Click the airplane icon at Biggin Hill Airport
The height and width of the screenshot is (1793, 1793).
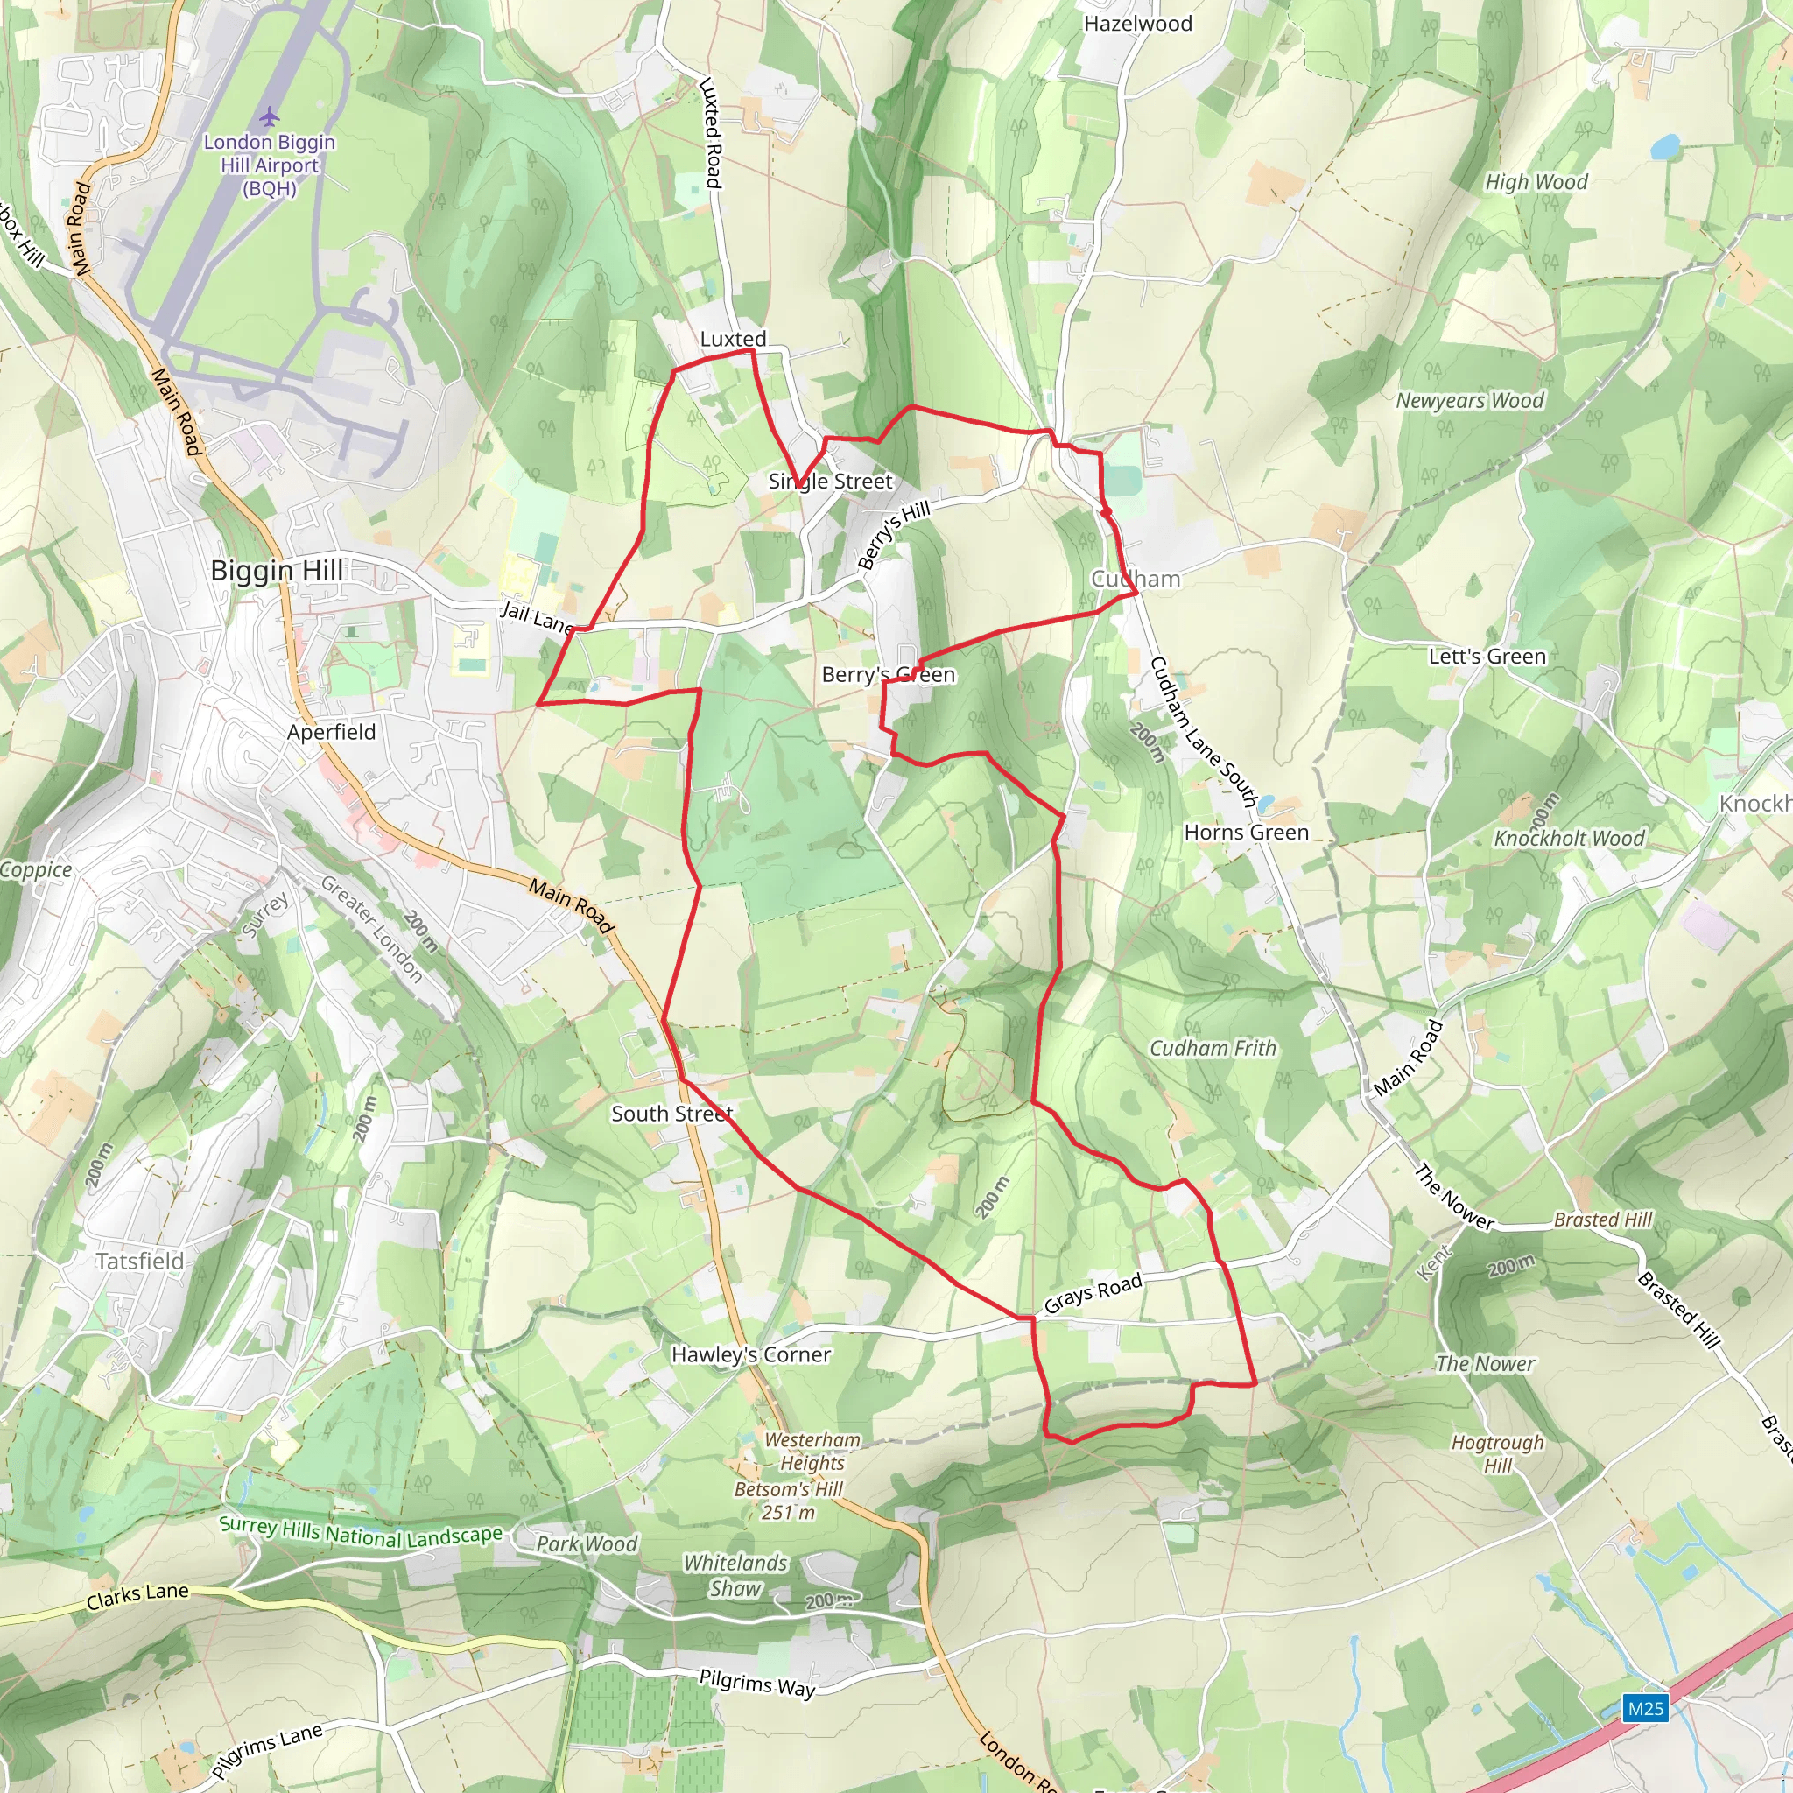[x=269, y=117]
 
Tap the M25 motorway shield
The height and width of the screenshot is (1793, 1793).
[x=1645, y=1707]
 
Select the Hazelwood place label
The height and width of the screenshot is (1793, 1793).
[x=1138, y=25]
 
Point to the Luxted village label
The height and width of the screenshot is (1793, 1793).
[x=733, y=340]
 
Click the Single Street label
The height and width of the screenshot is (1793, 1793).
[x=831, y=481]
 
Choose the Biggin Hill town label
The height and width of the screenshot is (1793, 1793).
[x=277, y=570]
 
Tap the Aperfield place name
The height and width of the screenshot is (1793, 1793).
[x=331, y=732]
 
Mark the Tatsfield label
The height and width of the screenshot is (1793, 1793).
[x=140, y=1261]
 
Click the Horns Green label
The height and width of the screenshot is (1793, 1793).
[x=1247, y=833]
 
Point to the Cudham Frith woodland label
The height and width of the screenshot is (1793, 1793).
[x=1213, y=1048]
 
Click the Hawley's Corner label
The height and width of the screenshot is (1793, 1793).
[x=751, y=1354]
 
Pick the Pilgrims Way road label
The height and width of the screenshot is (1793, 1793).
[x=757, y=1683]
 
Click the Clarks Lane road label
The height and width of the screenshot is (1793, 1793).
[x=137, y=1596]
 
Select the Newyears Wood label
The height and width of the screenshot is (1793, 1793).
[x=1470, y=401]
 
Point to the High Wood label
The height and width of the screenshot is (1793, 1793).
[x=1536, y=182]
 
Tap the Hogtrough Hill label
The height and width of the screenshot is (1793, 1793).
[x=1497, y=1453]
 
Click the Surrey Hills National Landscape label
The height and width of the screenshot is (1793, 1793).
[x=361, y=1533]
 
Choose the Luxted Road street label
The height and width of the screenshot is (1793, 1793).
[x=711, y=133]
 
